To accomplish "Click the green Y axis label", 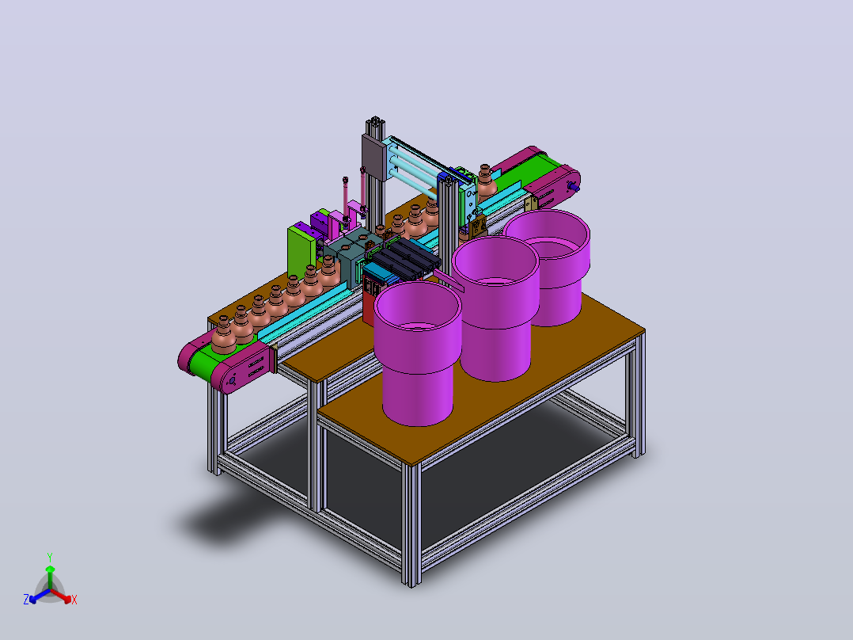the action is coord(50,557).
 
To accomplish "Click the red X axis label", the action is coord(74,600).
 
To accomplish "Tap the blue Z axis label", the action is coord(25,600).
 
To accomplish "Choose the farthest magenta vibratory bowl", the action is coord(548,267).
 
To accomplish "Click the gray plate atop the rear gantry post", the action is coord(373,155).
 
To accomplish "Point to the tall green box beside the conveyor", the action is coord(301,252).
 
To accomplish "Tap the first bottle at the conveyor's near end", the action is coord(224,335).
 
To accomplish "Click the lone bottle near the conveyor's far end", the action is coord(485,181).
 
